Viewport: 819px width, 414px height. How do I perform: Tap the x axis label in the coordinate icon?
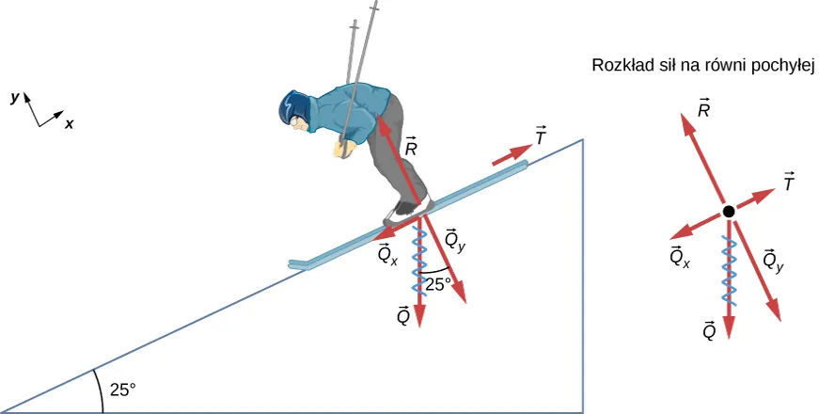(70, 123)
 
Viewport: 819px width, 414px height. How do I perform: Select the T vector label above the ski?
(540, 136)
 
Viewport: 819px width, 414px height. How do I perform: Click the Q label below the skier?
(402, 316)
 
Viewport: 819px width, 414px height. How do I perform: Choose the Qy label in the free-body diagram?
(774, 260)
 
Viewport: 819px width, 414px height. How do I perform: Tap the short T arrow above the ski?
(512, 153)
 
